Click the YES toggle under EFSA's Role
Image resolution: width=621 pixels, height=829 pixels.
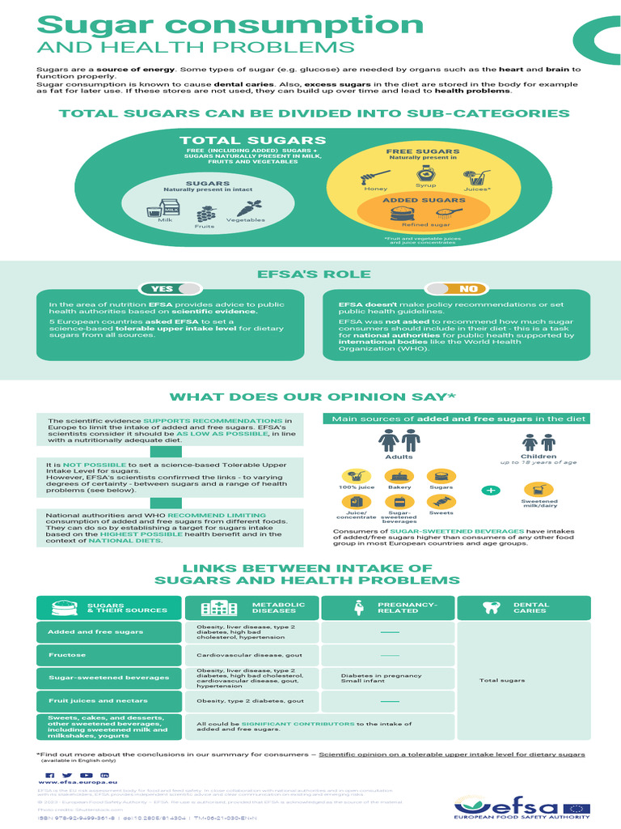pos(170,288)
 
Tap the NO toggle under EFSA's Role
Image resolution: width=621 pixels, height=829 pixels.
pos(456,288)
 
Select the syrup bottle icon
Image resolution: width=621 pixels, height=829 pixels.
pos(426,174)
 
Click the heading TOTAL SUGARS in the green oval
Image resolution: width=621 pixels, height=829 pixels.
pos(242,141)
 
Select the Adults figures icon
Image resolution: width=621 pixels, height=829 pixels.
pos(399,441)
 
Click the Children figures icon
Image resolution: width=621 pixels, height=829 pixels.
pos(539,443)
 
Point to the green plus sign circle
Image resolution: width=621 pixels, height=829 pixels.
pos(492,491)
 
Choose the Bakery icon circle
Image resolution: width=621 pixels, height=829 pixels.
pos(399,477)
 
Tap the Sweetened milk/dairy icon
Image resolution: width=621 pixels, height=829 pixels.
pos(539,490)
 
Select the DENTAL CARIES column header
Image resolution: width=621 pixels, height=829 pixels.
pos(522,607)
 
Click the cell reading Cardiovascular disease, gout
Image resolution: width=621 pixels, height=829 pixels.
pos(239,654)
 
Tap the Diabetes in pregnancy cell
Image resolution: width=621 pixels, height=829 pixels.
pos(370,678)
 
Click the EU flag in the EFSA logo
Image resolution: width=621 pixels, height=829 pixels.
pos(577,809)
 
